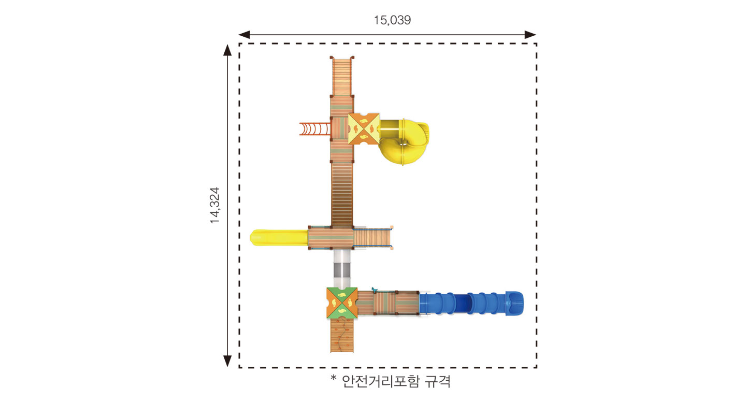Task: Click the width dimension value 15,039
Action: coord(392,20)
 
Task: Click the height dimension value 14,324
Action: coord(215,205)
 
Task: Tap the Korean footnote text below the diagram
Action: coord(391,381)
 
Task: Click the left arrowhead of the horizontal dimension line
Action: coord(244,34)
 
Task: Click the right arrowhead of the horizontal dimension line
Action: coord(530,34)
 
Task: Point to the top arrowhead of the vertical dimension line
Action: coord(227,50)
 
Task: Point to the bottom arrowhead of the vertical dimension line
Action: coord(227,361)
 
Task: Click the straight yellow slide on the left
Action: coord(279,237)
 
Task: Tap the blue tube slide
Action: coord(471,303)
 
